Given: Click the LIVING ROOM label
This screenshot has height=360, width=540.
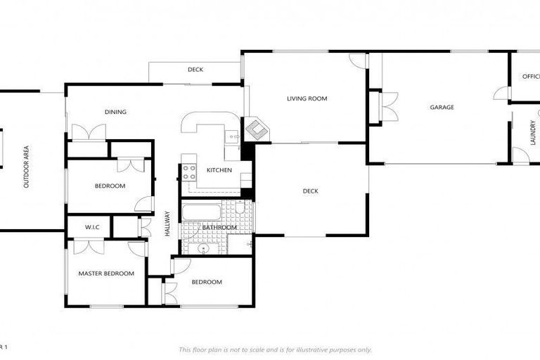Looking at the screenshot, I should [307, 98].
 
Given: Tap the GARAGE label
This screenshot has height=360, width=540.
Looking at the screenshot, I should [442, 108].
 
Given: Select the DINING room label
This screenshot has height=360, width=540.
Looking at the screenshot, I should [115, 112].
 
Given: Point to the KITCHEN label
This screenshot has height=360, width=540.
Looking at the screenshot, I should [219, 170].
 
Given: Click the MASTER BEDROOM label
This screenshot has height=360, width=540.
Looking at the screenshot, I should [106, 274].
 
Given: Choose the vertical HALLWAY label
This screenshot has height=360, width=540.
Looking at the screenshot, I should [168, 224].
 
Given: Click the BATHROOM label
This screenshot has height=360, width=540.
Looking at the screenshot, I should [219, 228].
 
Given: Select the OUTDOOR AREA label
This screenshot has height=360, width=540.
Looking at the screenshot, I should [26, 167].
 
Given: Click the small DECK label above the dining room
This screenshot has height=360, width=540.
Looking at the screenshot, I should [195, 70].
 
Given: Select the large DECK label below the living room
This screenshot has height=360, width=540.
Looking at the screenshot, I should [310, 191].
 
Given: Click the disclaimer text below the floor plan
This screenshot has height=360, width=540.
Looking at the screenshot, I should [275, 349].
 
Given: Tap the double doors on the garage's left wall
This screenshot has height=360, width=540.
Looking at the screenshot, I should [387, 107].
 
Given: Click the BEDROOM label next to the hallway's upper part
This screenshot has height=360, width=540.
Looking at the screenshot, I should [110, 186].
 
